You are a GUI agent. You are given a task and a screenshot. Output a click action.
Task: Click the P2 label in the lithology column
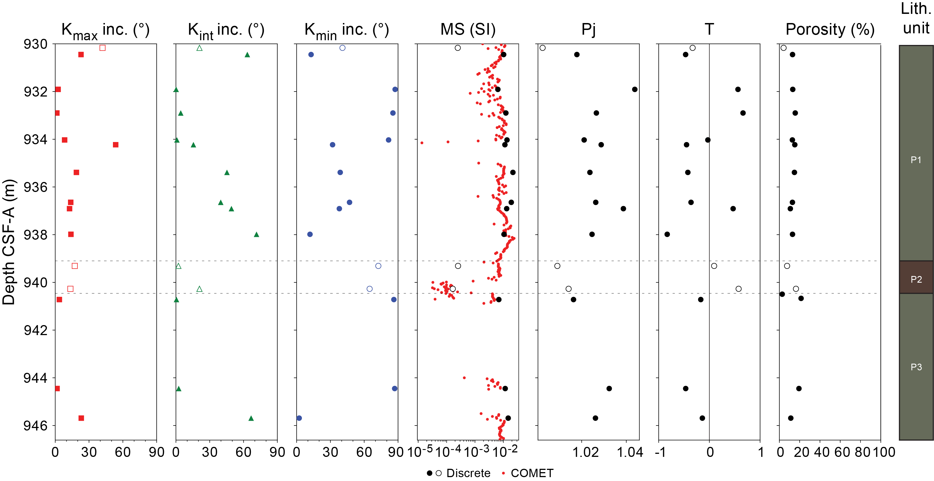point(916,279)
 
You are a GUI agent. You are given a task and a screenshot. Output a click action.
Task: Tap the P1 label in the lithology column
point(916,160)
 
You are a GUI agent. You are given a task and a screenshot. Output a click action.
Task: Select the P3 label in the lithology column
point(916,367)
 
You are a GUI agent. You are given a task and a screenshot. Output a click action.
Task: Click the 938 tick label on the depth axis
point(36,235)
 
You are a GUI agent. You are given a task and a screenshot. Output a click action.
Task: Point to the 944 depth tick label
point(36,378)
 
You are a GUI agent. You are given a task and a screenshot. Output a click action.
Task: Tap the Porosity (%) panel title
point(830,29)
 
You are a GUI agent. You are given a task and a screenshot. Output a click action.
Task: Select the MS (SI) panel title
point(468,29)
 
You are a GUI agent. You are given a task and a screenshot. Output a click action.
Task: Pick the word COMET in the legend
point(532,473)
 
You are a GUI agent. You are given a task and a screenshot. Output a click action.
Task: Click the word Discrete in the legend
point(468,473)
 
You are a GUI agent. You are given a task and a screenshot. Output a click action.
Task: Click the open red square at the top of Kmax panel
point(103,48)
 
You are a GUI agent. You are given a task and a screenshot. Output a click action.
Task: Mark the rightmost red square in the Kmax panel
point(116,145)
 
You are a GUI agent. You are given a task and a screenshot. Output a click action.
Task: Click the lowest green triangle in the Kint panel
point(251,418)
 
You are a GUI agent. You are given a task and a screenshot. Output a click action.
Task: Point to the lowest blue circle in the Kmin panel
point(299,418)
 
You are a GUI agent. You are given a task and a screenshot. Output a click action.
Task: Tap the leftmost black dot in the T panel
point(667,234)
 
